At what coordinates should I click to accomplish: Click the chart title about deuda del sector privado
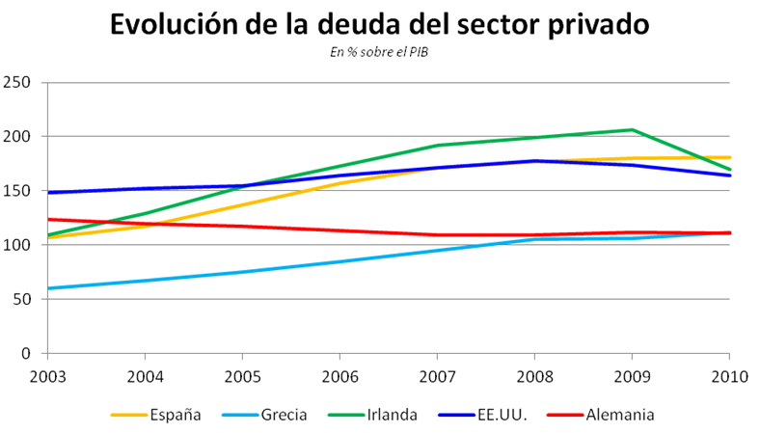pos(380,25)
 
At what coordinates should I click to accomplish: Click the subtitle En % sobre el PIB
pos(379,53)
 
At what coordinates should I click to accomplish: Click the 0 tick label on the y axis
pos(29,353)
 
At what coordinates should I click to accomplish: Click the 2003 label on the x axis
pos(48,376)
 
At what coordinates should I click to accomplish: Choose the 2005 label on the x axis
pos(242,376)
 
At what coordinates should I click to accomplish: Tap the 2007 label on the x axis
pos(437,376)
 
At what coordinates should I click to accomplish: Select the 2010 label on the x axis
pos(728,376)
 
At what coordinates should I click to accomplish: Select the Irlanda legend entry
pos(393,416)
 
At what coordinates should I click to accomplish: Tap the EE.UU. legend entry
pos(502,416)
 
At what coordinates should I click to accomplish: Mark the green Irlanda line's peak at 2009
pos(632,130)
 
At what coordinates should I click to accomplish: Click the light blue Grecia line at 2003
pos(48,288)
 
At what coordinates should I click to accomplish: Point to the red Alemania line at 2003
pos(48,220)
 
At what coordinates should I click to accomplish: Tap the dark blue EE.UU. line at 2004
pos(146,189)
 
